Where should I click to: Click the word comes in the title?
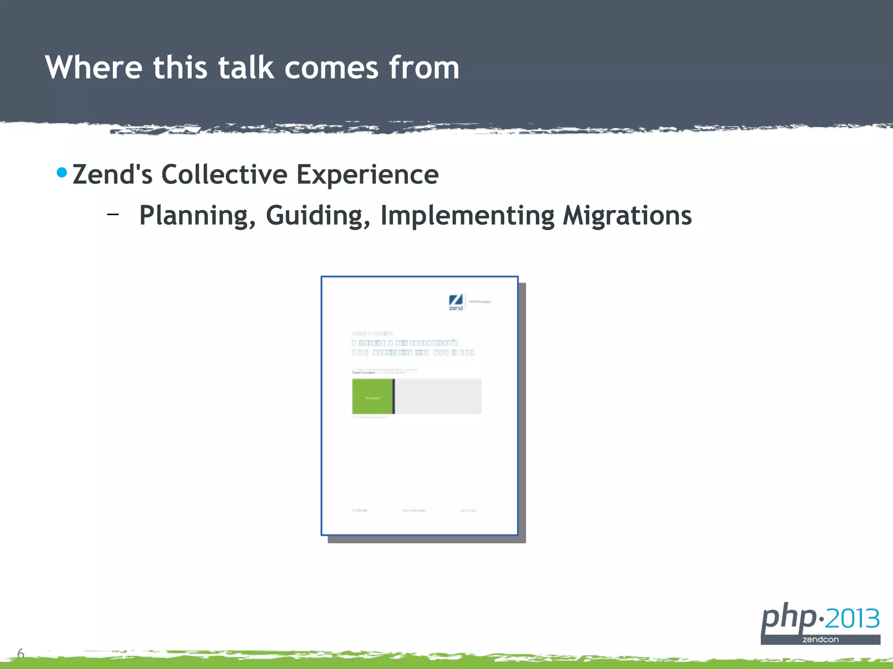click(x=331, y=69)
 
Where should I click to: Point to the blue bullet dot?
click(x=62, y=172)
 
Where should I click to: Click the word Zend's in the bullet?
click(x=112, y=175)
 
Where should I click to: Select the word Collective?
click(x=224, y=175)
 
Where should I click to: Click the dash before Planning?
click(x=113, y=214)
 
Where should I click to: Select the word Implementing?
click(x=467, y=216)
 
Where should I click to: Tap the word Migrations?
click(x=627, y=215)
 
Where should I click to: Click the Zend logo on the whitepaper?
click(x=456, y=301)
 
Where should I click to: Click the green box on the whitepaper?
click(x=372, y=396)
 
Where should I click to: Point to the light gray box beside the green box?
click(x=438, y=396)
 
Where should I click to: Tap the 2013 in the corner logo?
click(x=852, y=618)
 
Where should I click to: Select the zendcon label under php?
click(x=820, y=639)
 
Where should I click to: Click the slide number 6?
click(x=20, y=653)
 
